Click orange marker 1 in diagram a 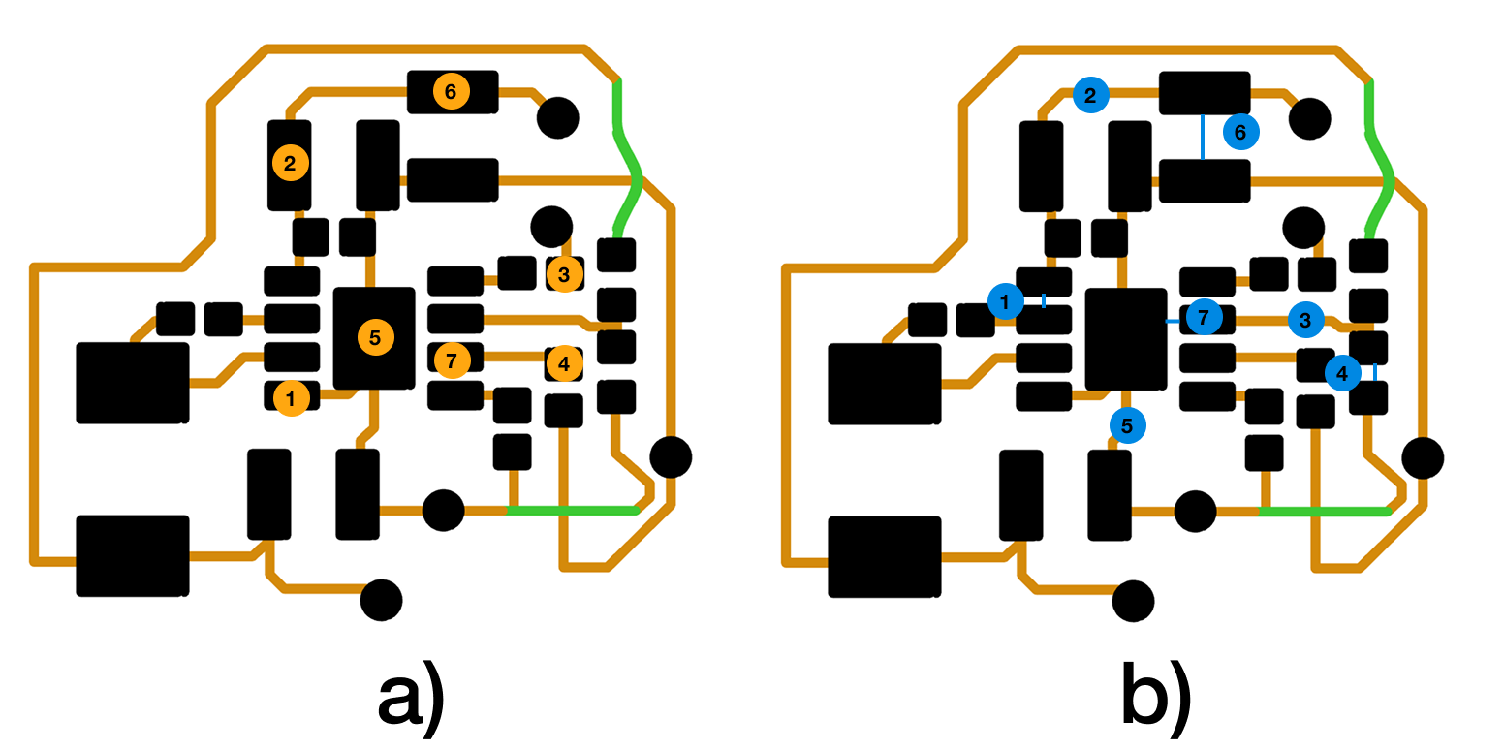tap(292, 398)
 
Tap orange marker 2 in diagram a tap(290, 163)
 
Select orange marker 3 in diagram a tap(564, 274)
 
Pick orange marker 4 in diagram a tap(564, 363)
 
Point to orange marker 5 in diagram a tap(375, 337)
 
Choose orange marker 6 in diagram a tap(451, 91)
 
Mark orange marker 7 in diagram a tap(452, 361)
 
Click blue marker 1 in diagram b tap(1005, 301)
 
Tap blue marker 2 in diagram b tap(1090, 95)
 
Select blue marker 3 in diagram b tap(1305, 320)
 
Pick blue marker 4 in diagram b tap(1342, 373)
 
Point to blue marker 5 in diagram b tap(1127, 425)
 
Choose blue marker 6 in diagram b tap(1240, 132)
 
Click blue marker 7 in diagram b tap(1204, 317)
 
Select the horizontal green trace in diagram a tap(572, 512)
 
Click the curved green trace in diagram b tap(1378, 160)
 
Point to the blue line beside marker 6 tap(1202, 137)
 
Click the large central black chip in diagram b tap(1126, 339)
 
